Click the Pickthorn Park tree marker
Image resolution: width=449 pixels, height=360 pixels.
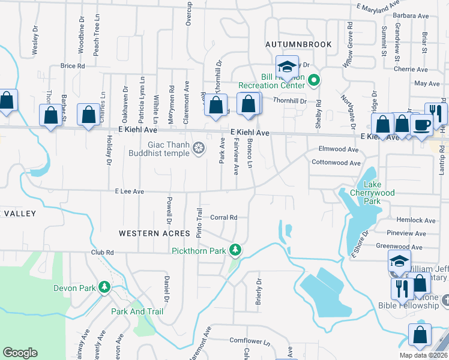(237, 250)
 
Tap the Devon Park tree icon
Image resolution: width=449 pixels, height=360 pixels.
(104, 288)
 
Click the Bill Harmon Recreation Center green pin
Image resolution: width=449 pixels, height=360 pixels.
(313, 80)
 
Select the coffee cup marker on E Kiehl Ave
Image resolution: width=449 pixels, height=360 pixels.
(421, 124)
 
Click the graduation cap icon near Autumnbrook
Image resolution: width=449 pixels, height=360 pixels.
(287, 67)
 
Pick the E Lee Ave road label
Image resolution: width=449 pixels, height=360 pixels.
(130, 191)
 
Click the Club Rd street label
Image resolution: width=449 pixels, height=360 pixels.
(103, 253)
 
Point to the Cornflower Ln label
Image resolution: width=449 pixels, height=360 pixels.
(250, 340)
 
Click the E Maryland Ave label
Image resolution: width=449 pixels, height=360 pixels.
(378, 6)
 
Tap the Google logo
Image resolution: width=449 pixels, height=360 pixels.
(20, 352)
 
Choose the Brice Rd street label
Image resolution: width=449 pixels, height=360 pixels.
(73, 65)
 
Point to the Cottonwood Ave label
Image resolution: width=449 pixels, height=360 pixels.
(336, 163)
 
